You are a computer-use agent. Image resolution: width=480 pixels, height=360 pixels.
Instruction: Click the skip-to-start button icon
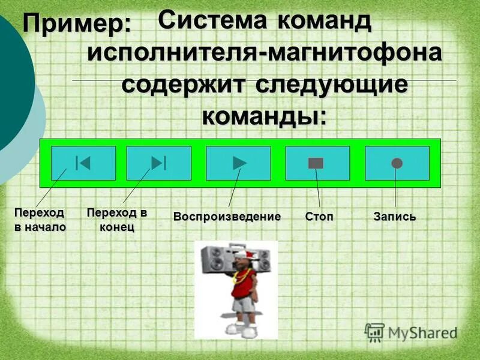pos(83,163)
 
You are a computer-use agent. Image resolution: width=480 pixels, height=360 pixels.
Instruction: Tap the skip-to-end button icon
pos(159,163)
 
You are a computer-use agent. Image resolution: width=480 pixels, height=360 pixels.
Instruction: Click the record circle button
pos(397,163)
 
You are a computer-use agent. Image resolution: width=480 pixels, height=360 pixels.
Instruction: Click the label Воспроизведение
pos(227,216)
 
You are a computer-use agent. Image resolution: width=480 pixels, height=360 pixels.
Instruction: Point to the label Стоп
pos(319,216)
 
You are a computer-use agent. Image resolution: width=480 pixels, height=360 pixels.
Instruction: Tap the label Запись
pos(394,216)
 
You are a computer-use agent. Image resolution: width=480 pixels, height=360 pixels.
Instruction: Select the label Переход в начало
pos(40,220)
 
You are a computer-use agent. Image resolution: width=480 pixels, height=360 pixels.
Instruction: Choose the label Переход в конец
pos(117,220)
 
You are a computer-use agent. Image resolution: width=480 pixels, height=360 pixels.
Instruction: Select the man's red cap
pos(244,254)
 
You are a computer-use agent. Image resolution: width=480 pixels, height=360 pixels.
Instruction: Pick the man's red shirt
pos(243,283)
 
